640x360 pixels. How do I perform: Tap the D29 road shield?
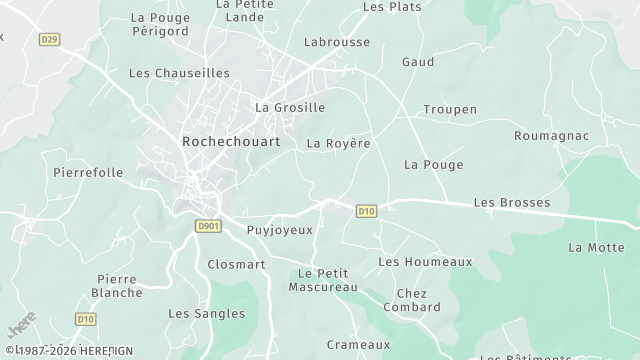(50, 40)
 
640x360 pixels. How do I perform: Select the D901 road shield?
(208, 227)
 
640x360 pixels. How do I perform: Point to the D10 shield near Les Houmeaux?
(366, 211)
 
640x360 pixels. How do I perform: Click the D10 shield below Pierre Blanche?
(86, 320)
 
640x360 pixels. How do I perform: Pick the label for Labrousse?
(337, 43)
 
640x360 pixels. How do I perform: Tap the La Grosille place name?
(290, 107)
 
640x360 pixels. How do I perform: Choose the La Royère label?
(338, 143)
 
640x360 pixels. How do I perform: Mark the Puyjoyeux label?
(279, 230)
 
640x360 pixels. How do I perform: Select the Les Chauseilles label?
(180, 73)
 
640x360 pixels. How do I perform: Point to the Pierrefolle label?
(88, 172)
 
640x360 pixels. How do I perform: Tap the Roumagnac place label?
(551, 135)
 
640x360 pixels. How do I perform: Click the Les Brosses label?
(512, 202)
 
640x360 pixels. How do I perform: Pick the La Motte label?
(596, 247)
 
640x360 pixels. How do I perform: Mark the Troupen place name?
(450, 109)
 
